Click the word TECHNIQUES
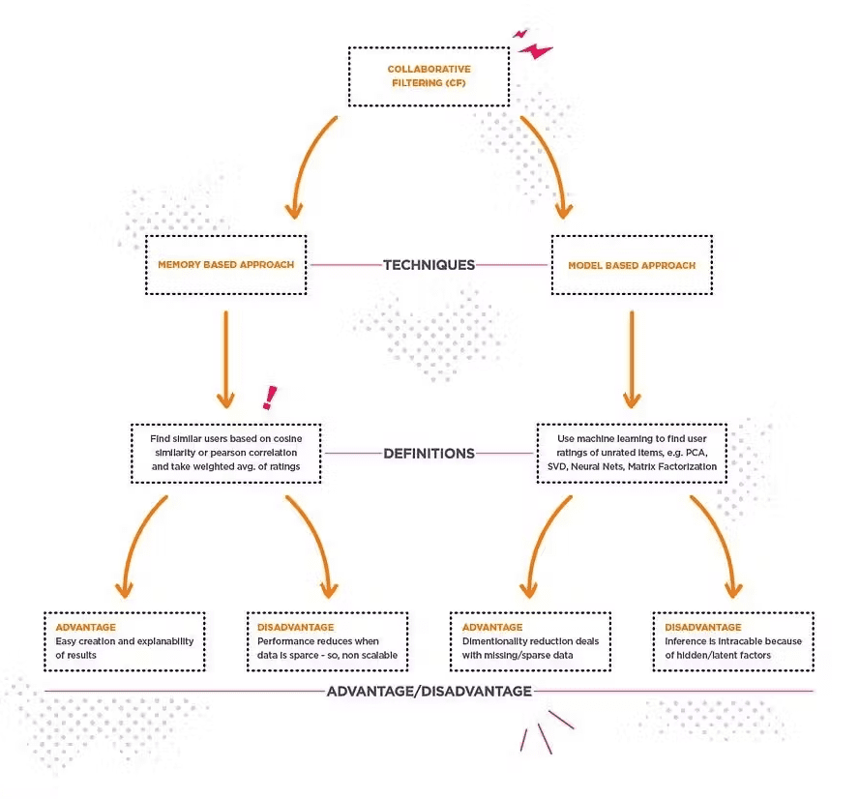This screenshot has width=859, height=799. pyautogui.click(x=429, y=265)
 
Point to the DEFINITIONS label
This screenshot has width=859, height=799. pyautogui.click(x=429, y=454)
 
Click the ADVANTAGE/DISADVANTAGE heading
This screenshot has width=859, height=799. pyautogui.click(x=429, y=691)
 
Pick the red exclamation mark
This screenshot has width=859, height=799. pyautogui.click(x=269, y=398)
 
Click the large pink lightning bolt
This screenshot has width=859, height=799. pyautogui.click(x=535, y=51)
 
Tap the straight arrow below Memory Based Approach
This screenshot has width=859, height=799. pyautogui.click(x=225, y=360)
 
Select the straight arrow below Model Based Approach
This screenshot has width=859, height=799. pyautogui.click(x=632, y=360)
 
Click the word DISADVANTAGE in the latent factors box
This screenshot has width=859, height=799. pyautogui.click(x=703, y=627)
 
